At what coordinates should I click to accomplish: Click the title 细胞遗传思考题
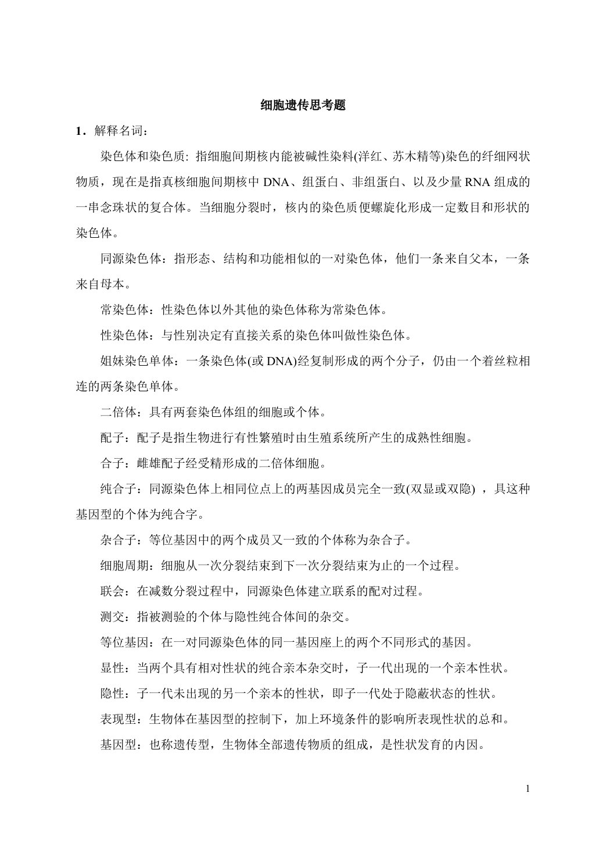303,106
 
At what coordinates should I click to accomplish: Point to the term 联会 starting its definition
112,591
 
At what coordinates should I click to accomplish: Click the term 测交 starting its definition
112,616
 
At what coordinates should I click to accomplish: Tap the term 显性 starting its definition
112,667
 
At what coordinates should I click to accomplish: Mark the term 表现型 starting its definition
119,719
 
